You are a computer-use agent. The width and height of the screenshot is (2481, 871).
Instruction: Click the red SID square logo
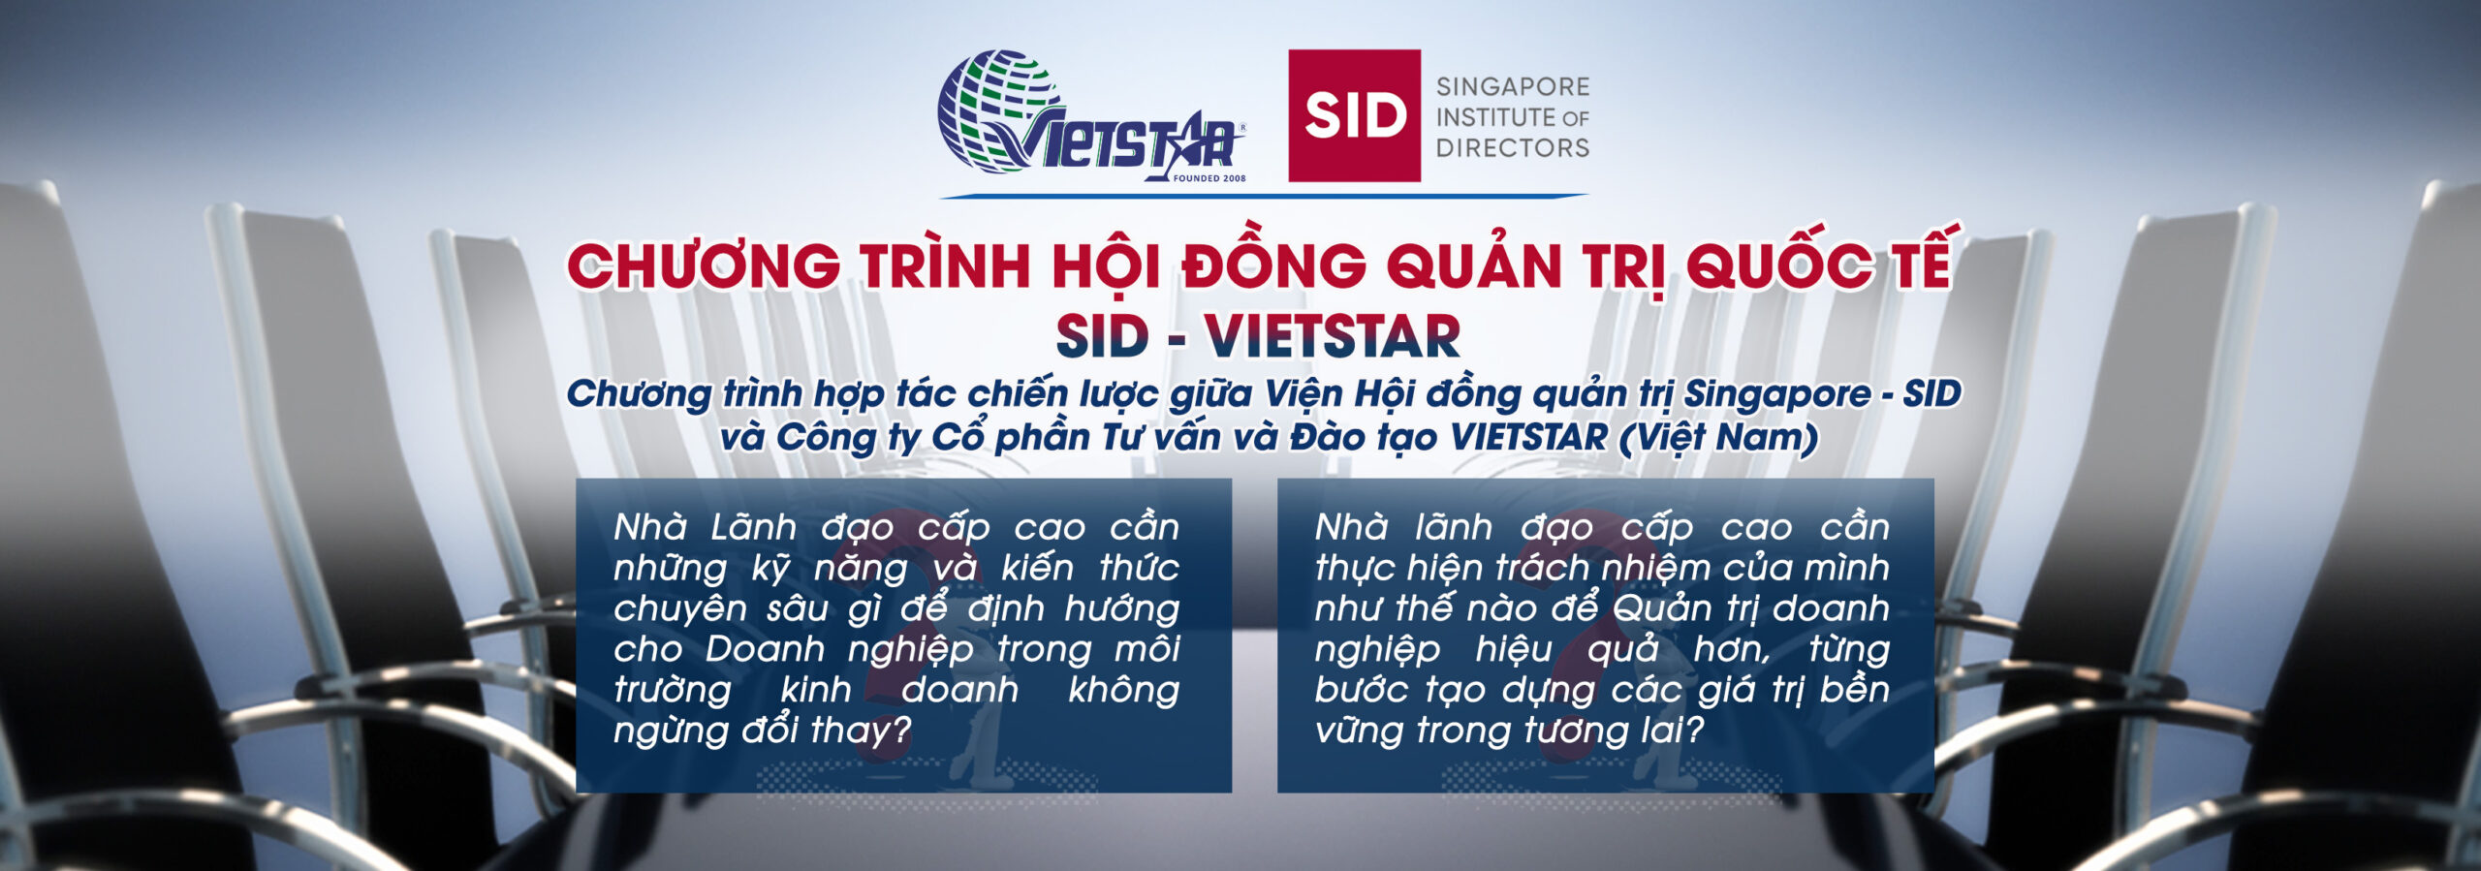[1354, 115]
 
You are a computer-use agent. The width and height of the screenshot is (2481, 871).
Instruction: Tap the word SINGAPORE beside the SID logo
[1513, 86]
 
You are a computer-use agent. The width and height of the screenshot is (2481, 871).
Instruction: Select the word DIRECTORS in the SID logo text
[1513, 148]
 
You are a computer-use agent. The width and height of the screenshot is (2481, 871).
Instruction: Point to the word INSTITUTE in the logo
[1495, 117]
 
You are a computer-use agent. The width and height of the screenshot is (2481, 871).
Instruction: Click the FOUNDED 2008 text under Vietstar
[1209, 178]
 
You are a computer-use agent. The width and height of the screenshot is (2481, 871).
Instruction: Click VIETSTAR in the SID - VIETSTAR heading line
[1332, 336]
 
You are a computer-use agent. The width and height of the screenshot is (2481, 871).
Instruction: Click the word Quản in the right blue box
[1664, 608]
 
